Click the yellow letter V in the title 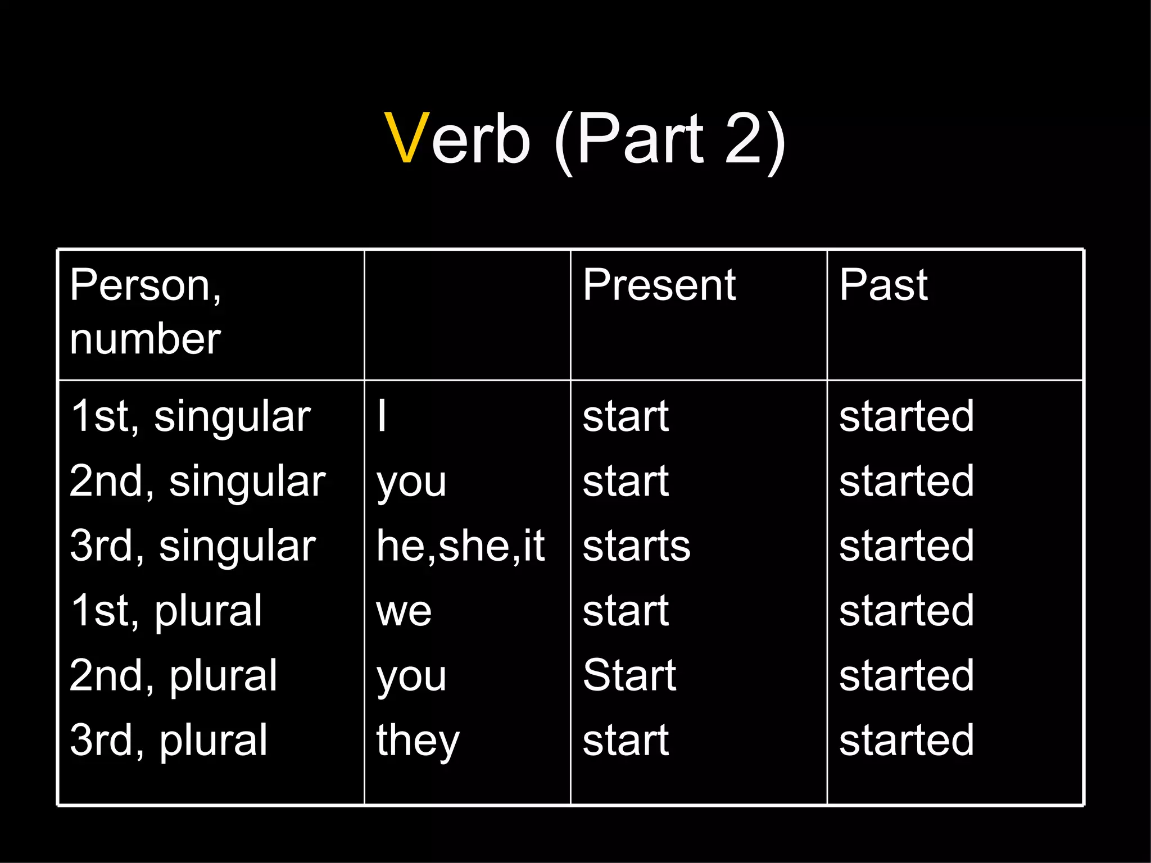click(408, 139)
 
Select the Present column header click(659, 285)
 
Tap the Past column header click(883, 285)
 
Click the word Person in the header click(141, 285)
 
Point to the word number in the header click(145, 339)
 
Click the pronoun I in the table click(382, 416)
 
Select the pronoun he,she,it click(460, 546)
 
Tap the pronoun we click(404, 611)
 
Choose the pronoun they click(418, 741)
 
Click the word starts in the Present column click(636, 546)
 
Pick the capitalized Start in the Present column click(629, 675)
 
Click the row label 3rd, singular click(193, 546)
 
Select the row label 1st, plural click(166, 611)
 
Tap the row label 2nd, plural click(174, 675)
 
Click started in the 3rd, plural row click(906, 741)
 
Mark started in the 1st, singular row click(906, 416)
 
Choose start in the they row click(626, 741)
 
